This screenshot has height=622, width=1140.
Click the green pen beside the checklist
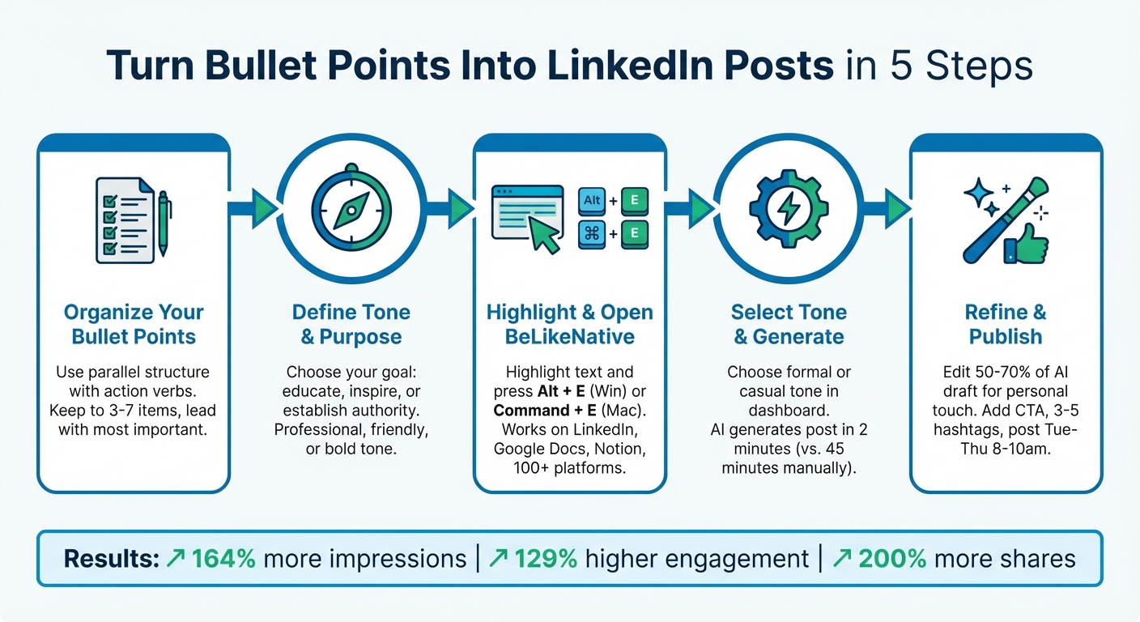point(164,223)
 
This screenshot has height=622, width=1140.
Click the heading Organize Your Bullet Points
point(134,324)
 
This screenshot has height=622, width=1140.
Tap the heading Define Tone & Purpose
point(351,324)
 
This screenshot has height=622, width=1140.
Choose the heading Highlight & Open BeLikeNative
point(569,324)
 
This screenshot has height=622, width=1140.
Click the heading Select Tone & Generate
point(788,324)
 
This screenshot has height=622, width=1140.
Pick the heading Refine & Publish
point(1006,324)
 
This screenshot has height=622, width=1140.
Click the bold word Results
point(108,558)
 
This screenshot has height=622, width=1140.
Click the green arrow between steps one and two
point(261,209)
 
